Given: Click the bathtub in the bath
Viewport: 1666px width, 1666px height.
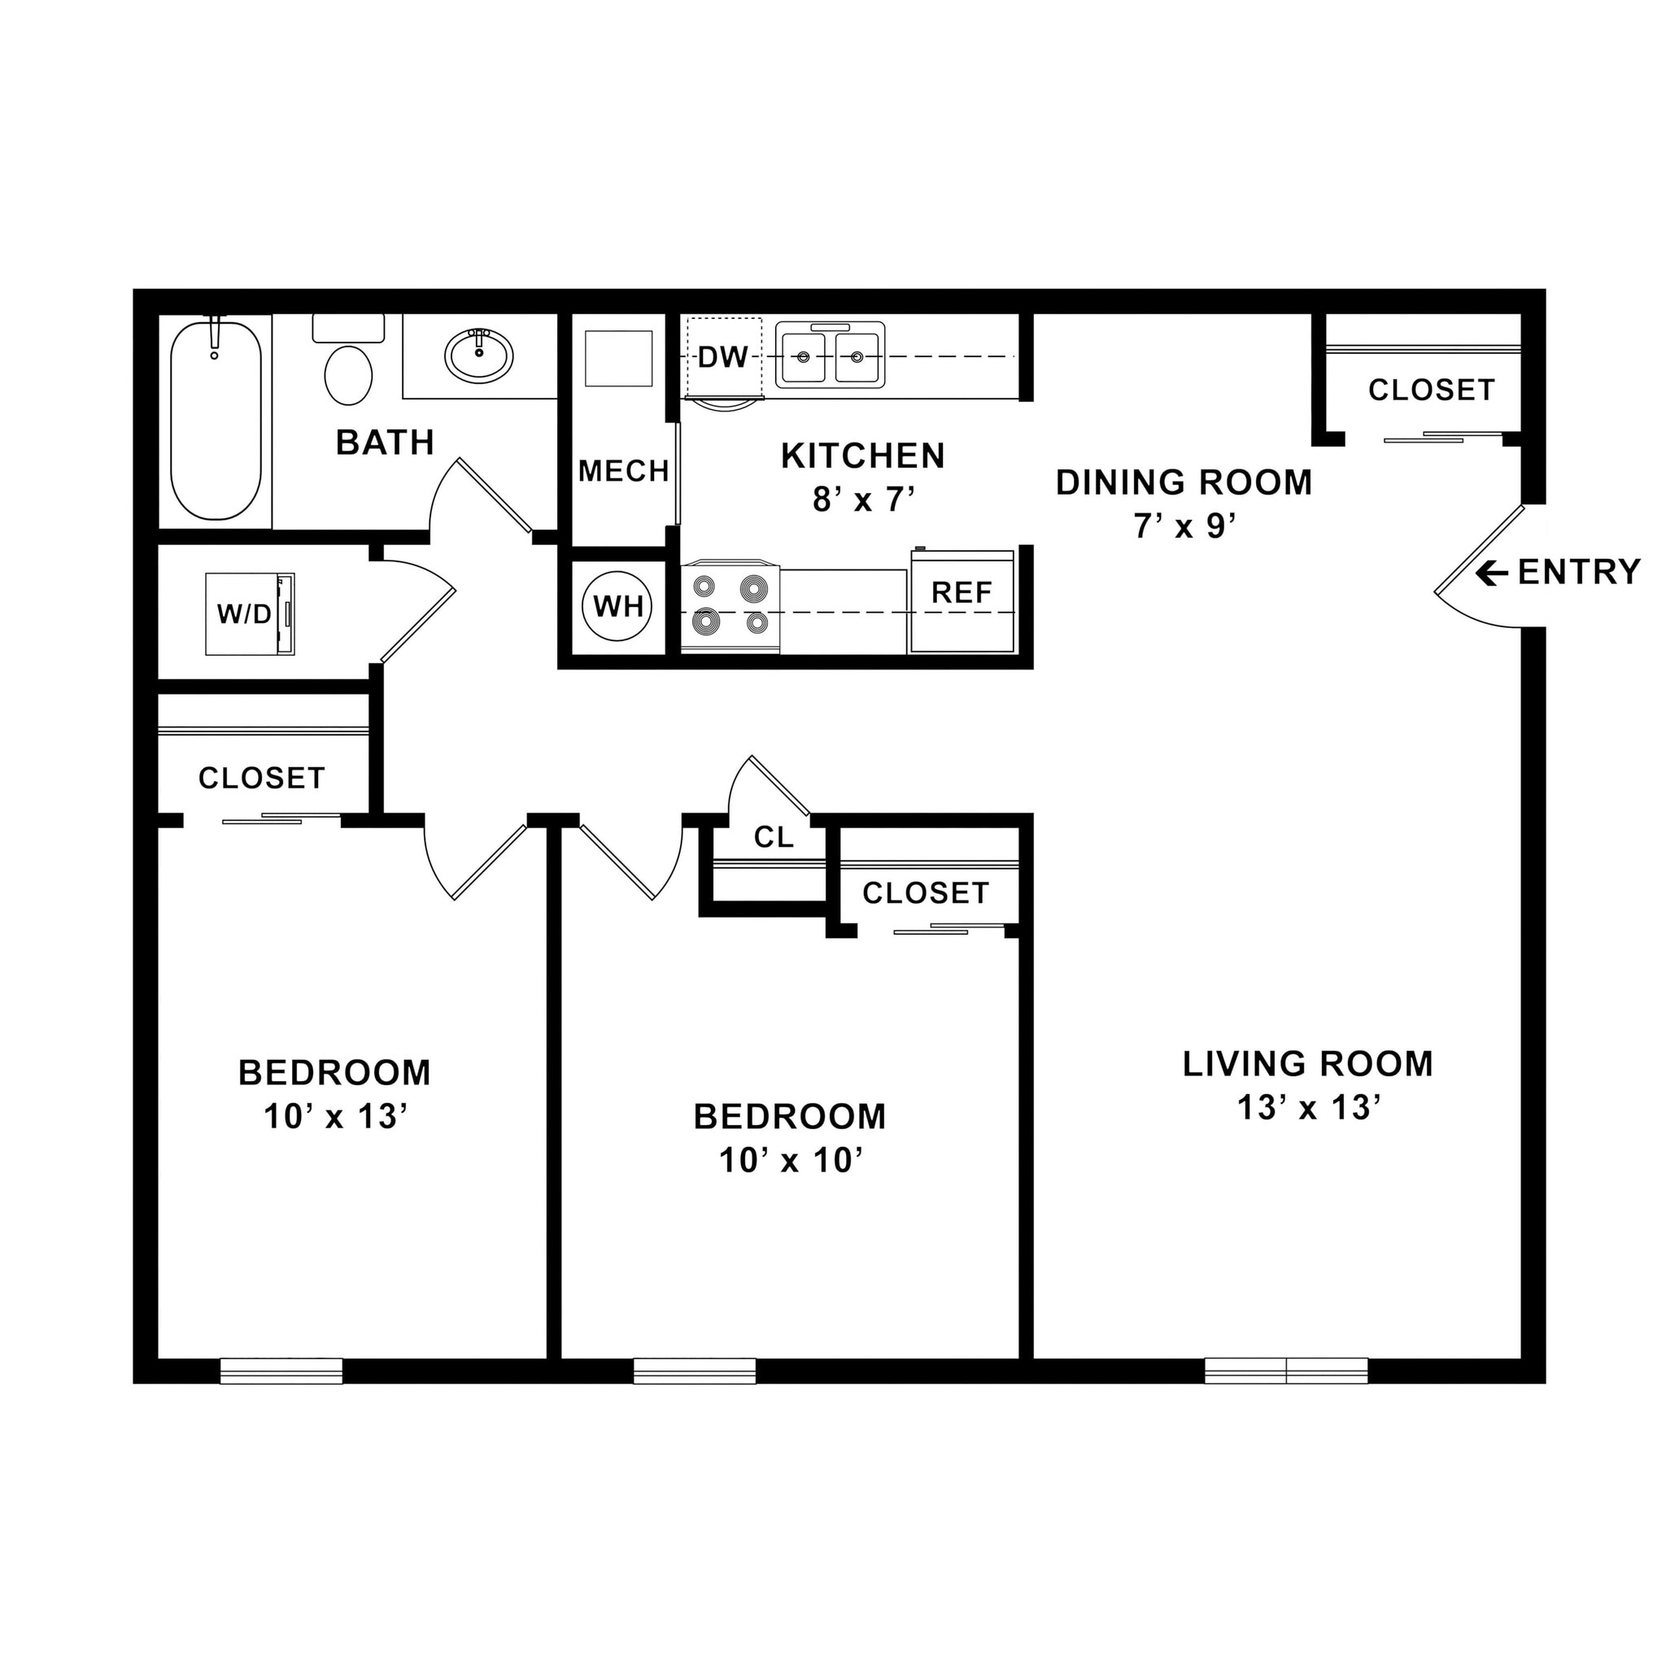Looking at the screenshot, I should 216,421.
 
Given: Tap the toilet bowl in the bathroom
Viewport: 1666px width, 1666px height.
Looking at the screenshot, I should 348,375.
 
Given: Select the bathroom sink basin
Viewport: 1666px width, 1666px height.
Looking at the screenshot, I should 478,355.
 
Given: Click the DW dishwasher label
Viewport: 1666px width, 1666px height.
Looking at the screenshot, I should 722,357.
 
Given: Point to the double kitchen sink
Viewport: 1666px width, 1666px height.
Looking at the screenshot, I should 830,355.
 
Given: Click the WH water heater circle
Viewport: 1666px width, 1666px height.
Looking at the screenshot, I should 618,606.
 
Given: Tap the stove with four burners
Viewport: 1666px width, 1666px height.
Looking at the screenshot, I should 731,608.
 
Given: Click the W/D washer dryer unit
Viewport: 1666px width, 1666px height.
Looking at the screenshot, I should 249,614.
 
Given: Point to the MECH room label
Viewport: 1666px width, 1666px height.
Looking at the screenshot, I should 623,471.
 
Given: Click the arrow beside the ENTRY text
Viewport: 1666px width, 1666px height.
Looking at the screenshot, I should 1491,573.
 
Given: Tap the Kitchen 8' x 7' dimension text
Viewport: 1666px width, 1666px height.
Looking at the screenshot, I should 862,499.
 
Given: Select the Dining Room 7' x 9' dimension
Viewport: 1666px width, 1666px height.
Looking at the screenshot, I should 1184,526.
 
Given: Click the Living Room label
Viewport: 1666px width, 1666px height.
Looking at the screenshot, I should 1307,1064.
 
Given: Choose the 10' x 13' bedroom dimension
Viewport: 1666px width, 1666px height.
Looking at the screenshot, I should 334,1117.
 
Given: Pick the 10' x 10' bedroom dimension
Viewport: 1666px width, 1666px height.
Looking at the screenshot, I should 790,1161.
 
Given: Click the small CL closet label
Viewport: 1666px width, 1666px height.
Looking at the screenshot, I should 773,836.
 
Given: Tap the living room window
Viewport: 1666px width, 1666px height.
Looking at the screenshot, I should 1286,1370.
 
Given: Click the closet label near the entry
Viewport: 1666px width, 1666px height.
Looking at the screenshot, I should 1431,390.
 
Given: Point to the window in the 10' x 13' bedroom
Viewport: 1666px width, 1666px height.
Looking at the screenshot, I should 281,1370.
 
